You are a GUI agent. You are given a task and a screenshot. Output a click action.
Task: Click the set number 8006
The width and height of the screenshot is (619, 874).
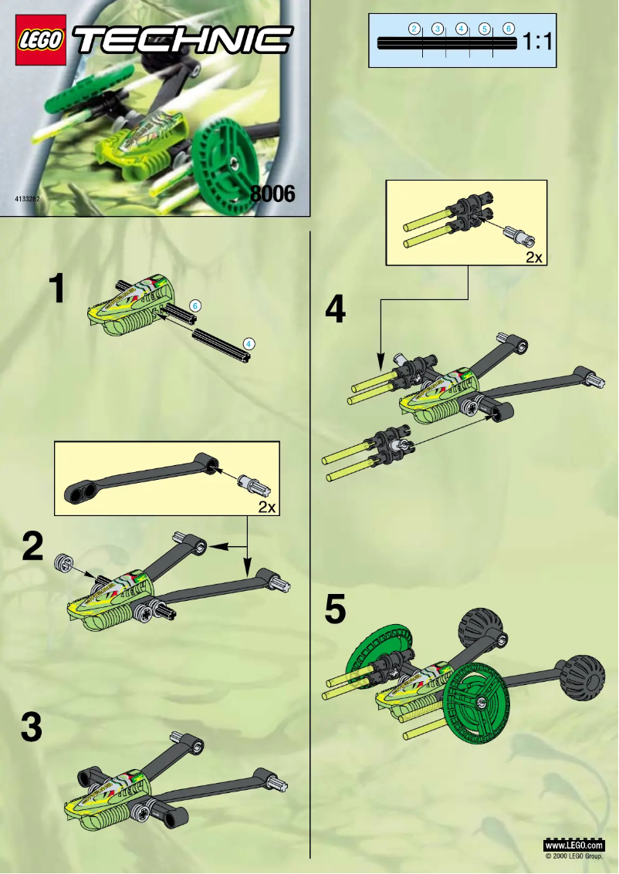[272, 194]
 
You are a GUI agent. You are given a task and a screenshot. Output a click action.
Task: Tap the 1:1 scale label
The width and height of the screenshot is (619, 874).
[538, 43]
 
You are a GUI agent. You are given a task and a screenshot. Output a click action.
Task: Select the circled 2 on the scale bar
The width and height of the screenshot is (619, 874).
[414, 29]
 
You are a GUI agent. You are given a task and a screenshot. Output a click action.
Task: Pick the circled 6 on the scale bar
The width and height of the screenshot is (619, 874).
[509, 29]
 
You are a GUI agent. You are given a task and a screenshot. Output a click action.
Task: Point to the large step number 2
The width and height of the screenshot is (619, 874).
[32, 548]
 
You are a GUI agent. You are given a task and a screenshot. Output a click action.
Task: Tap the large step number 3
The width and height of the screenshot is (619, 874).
[32, 728]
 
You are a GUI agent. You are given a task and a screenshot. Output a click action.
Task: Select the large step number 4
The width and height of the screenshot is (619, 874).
[336, 310]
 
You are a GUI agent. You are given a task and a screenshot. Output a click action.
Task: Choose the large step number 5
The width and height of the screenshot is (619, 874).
[335, 610]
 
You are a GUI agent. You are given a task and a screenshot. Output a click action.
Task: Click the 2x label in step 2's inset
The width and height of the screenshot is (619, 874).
[266, 508]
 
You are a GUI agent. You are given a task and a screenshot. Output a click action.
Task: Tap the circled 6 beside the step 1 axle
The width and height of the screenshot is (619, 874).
[195, 305]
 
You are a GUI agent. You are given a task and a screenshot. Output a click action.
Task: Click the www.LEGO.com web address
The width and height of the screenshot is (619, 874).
[574, 846]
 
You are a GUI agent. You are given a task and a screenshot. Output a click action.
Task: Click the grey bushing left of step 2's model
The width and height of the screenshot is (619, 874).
[62, 562]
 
